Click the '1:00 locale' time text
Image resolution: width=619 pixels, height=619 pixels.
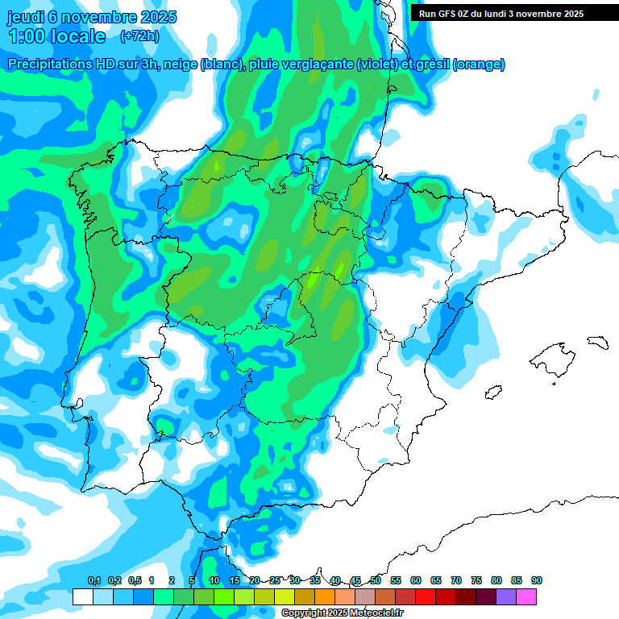tap(57, 36)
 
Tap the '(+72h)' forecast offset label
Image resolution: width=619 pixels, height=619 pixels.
tap(139, 36)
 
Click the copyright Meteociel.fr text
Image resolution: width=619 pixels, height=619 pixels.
tap(342, 613)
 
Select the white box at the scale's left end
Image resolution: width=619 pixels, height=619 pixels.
tap(82, 597)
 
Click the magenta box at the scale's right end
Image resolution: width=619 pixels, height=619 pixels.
tap(526, 597)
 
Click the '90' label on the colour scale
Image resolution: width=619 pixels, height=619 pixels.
tap(537, 580)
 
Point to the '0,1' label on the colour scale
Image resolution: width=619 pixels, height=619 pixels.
tap(93, 580)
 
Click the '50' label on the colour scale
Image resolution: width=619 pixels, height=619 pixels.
tap(376, 580)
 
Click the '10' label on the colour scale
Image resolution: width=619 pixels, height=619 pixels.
tap(214, 580)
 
